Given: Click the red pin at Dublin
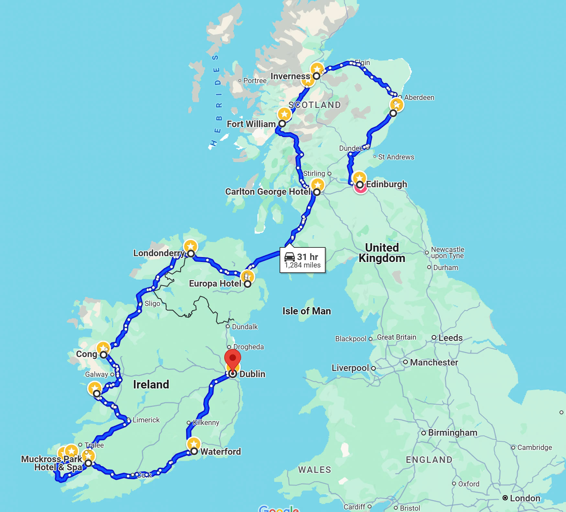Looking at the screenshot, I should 233,358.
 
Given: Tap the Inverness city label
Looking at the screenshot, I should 290,76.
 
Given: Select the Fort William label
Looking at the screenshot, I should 251,124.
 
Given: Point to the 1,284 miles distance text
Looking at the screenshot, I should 303,265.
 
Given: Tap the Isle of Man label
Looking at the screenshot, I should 306,311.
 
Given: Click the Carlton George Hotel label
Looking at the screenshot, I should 268,192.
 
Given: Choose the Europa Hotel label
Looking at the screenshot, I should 215,284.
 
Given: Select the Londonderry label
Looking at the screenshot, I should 159,253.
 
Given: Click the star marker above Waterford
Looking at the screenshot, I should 194,444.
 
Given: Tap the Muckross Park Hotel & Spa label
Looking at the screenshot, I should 52,463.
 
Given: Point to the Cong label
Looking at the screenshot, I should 86,354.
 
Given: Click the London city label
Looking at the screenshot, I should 525,498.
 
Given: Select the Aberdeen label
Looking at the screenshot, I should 419,97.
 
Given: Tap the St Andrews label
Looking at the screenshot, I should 396,157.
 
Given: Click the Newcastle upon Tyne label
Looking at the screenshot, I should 447,252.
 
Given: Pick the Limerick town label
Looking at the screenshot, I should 146,420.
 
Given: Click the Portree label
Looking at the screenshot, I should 255,81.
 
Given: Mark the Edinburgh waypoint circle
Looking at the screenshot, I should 360,185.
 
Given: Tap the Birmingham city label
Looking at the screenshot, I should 452,433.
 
